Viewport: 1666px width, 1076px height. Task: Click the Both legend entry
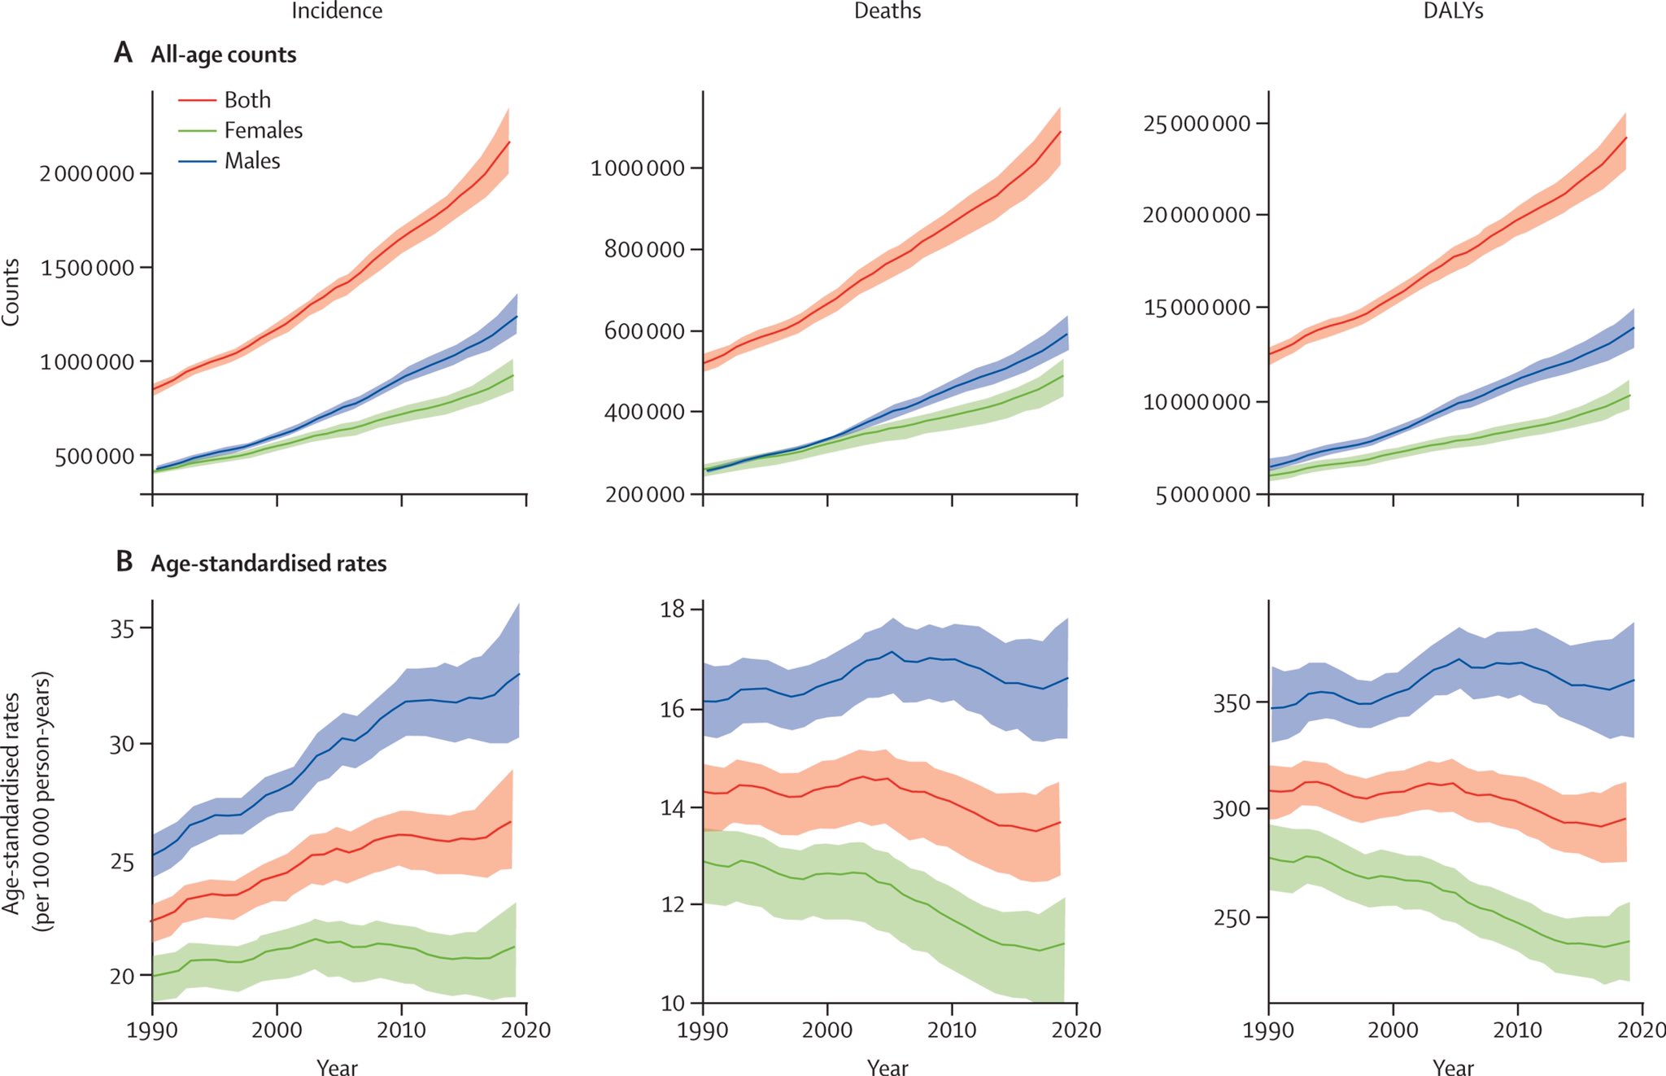(246, 100)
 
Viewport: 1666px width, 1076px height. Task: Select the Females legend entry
(262, 130)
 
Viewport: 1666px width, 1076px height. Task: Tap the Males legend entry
(251, 161)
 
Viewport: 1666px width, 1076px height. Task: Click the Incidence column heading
(337, 11)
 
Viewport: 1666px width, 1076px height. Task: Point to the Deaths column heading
(887, 11)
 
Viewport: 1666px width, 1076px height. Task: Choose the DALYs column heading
(1453, 11)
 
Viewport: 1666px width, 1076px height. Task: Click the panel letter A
(123, 54)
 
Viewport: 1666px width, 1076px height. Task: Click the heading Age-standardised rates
(268, 563)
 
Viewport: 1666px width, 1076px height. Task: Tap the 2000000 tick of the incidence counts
(86, 173)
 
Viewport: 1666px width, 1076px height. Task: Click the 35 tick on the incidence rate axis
(122, 628)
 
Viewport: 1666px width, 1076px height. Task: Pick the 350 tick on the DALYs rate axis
(1231, 702)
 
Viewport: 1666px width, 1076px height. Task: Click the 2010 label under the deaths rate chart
(952, 1030)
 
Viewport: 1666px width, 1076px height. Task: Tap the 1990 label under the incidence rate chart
(152, 1030)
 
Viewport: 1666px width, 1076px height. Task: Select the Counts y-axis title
(11, 292)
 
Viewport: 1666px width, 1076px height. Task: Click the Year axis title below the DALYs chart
(1453, 1066)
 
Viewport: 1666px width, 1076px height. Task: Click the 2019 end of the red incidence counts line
(509, 142)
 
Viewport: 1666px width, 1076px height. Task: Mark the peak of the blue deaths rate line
(892, 652)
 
